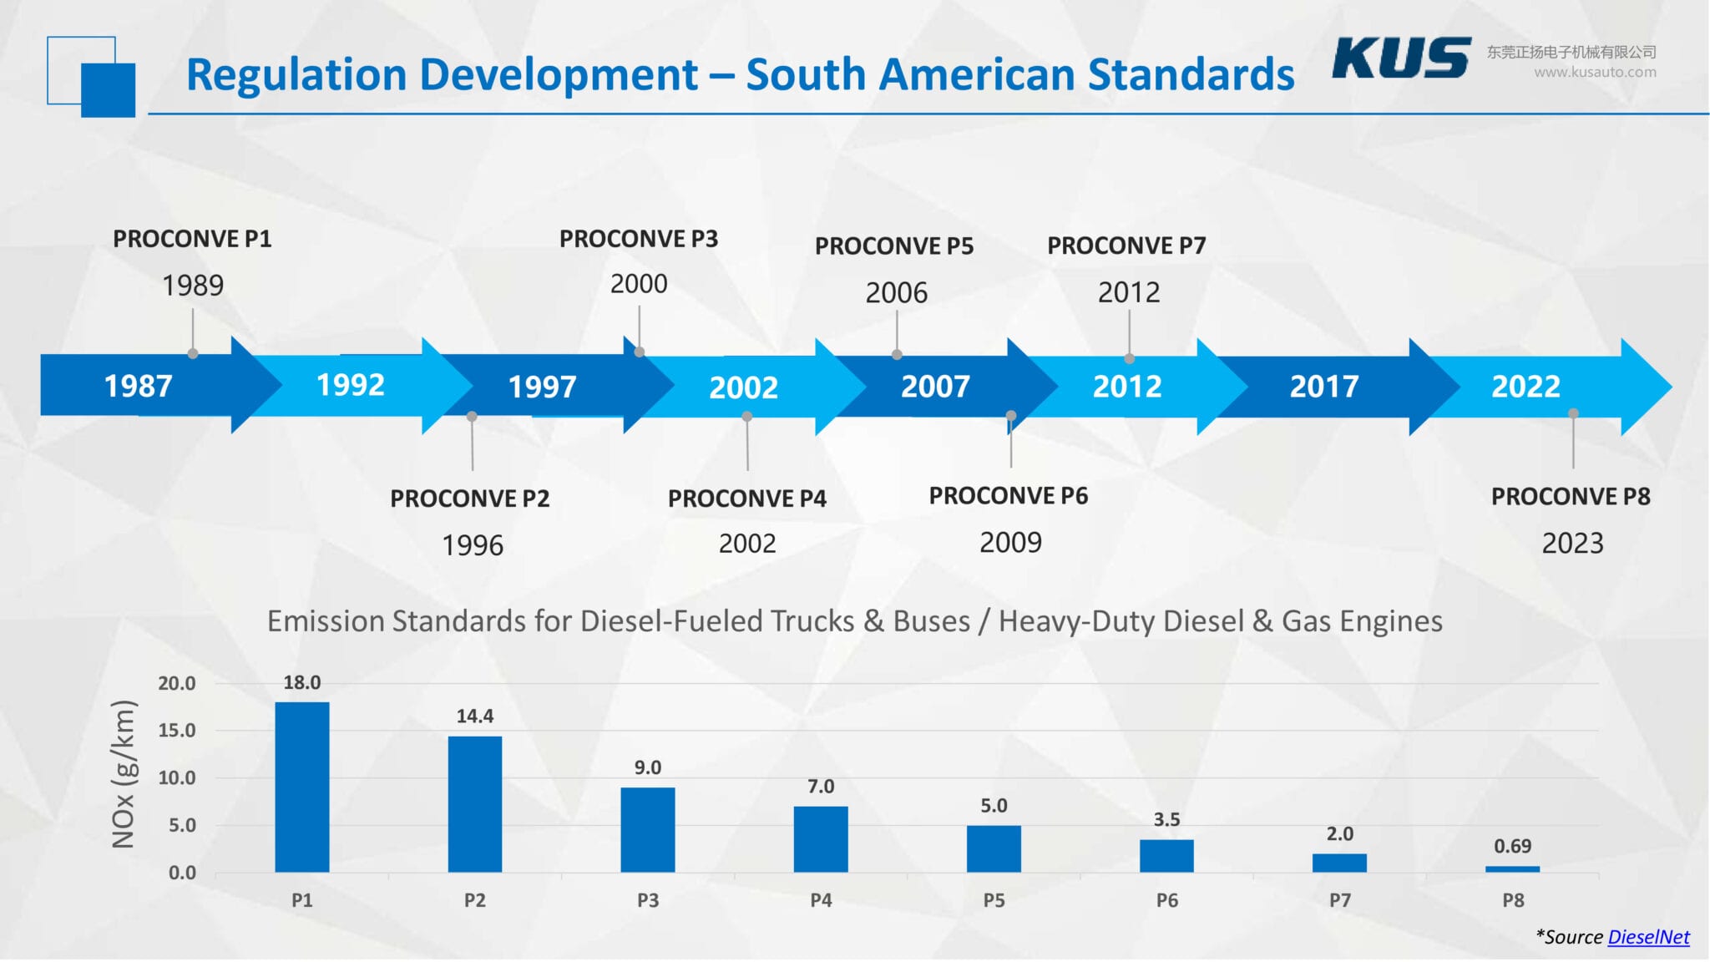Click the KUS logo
(1400, 58)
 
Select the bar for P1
(301, 787)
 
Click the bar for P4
(820, 838)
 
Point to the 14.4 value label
(474, 716)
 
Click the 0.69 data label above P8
(1512, 846)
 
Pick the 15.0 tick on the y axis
(177, 731)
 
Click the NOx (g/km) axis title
(124, 774)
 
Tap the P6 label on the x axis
(1166, 900)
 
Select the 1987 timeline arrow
(138, 386)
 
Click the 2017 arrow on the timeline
(1323, 386)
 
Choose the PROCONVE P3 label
(638, 239)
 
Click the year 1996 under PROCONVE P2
(472, 545)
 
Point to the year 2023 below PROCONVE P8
(1571, 544)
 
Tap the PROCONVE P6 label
(1008, 496)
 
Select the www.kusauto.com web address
(1594, 73)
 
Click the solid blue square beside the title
(109, 90)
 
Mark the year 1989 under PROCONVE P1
(193, 286)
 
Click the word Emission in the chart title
(326, 621)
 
